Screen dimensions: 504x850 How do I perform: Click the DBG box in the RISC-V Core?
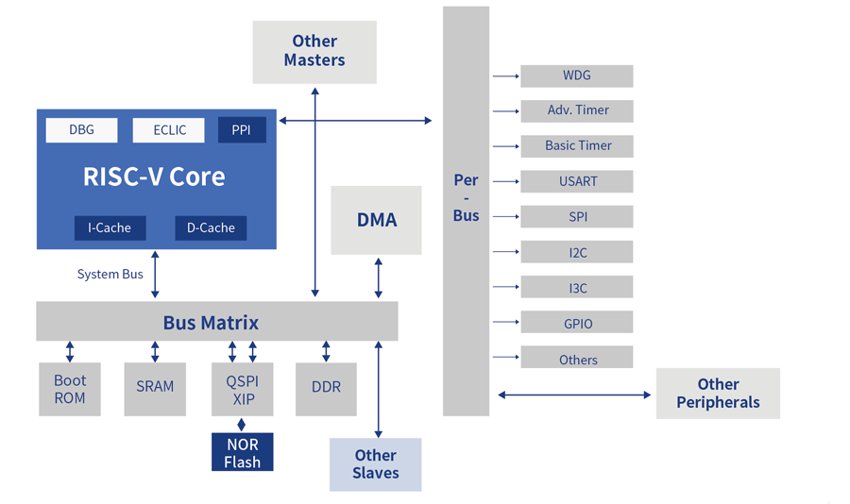click(x=81, y=129)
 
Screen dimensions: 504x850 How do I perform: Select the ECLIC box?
click(x=169, y=129)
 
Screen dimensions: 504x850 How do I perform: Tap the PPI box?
click(x=242, y=129)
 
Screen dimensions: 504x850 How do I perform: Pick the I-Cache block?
click(x=110, y=227)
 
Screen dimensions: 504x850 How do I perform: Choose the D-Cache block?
click(x=211, y=227)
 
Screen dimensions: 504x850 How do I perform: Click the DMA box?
click(x=376, y=220)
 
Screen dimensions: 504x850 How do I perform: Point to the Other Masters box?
click(x=314, y=51)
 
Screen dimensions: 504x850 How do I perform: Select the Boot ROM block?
click(x=70, y=389)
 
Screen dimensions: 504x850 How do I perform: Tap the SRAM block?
click(x=155, y=387)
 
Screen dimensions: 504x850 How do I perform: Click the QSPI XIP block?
click(x=242, y=389)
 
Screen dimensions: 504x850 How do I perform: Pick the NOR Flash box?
click(x=243, y=453)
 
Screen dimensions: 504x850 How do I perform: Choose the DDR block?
click(x=326, y=387)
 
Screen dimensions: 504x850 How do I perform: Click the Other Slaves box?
click(x=375, y=464)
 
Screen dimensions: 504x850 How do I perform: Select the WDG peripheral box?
click(x=576, y=76)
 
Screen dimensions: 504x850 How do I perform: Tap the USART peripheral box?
click(x=576, y=181)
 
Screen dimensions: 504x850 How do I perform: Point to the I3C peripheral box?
click(x=576, y=287)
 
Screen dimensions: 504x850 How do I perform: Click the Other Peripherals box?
click(x=718, y=394)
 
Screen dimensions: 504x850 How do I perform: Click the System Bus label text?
click(x=110, y=275)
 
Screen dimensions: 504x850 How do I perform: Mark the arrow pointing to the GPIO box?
click(x=506, y=322)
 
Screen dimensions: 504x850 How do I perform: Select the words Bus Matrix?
click(x=211, y=323)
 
